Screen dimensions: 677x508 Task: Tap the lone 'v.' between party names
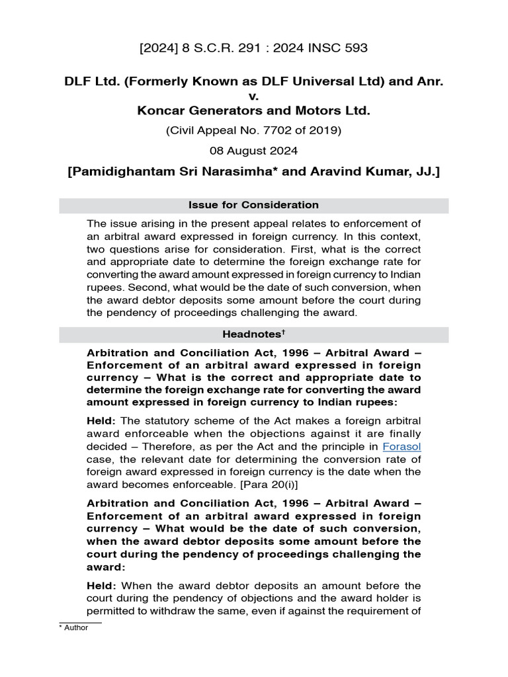[x=254, y=97]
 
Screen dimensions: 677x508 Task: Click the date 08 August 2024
[x=254, y=151]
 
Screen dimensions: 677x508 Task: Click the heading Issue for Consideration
[x=254, y=205]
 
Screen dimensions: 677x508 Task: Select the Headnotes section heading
[x=251, y=335]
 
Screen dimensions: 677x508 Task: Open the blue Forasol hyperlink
[x=402, y=446]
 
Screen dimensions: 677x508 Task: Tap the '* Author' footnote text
[x=74, y=628]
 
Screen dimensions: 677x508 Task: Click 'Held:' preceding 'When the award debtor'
[x=102, y=586]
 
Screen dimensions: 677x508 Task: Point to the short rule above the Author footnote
[x=80, y=622]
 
